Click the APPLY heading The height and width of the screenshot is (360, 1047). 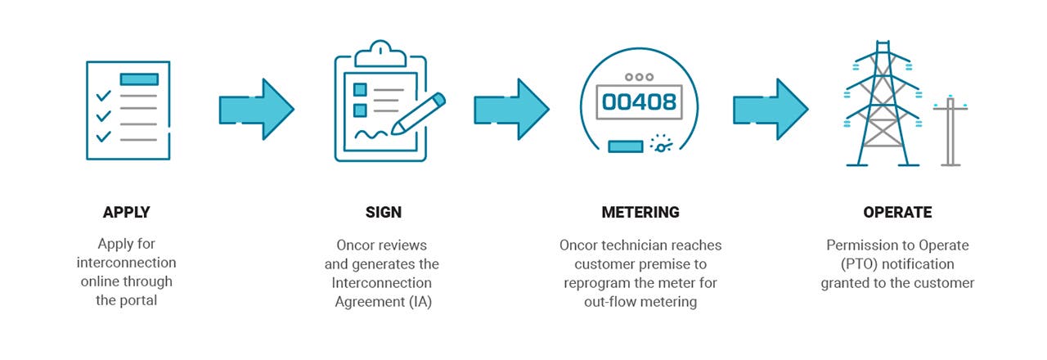[127, 213]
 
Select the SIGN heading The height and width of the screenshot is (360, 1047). [383, 213]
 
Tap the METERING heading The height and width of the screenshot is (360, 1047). [640, 213]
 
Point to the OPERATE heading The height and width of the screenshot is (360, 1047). [897, 213]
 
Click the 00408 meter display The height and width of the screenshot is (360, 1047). [640, 101]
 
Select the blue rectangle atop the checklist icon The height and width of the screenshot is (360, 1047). [138, 79]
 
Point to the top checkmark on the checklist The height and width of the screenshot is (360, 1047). [103, 96]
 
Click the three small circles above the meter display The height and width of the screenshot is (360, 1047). [640, 76]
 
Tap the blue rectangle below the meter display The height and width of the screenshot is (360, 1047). [626, 146]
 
